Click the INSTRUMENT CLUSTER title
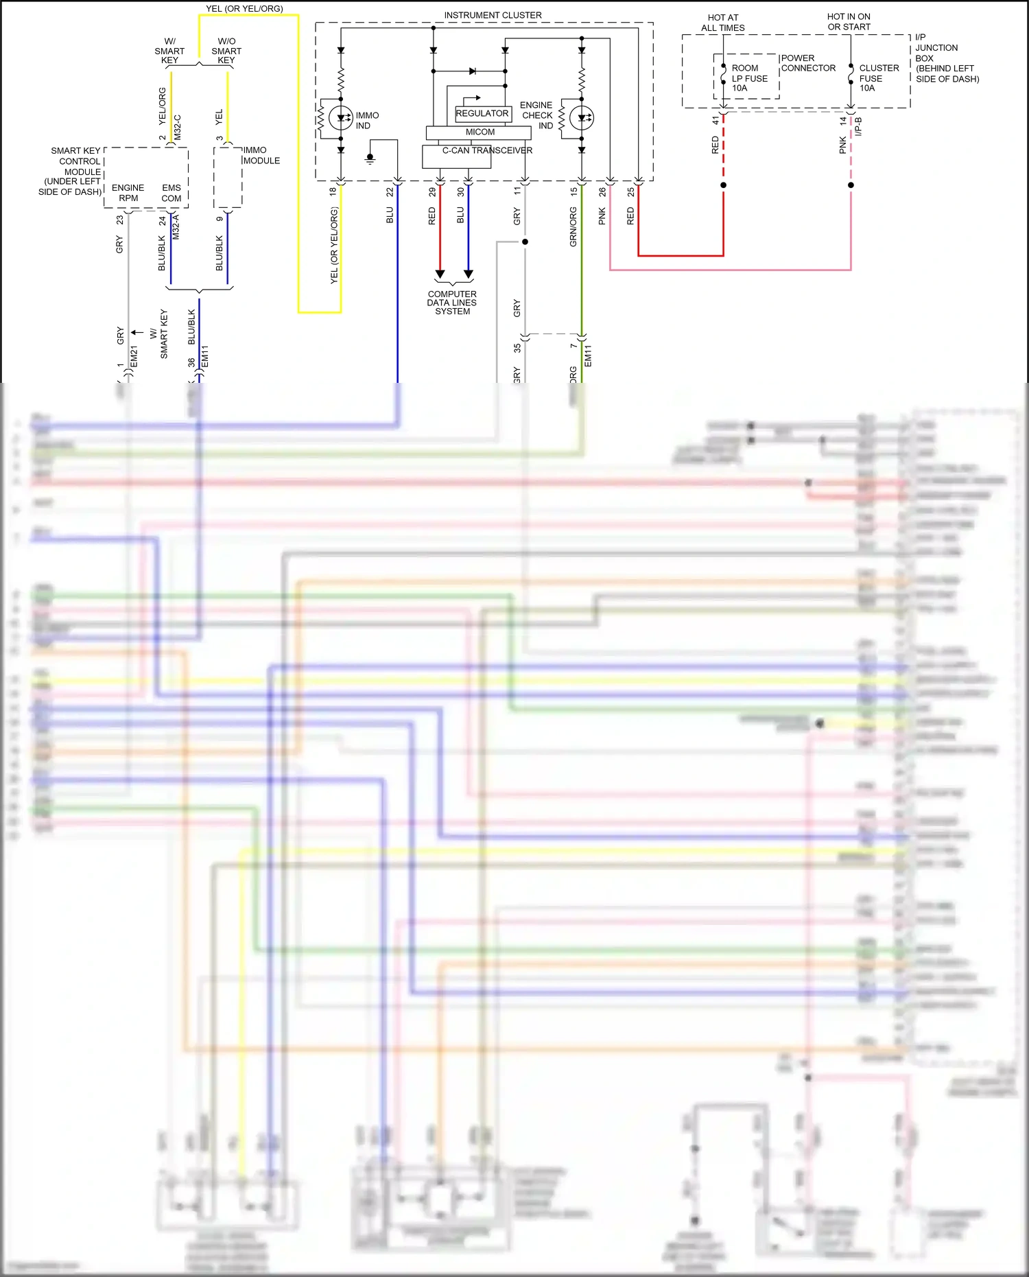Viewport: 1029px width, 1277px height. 493,15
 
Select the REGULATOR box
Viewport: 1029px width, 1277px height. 482,113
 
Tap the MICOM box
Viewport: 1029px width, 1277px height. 480,132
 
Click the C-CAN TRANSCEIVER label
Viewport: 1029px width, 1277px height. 487,150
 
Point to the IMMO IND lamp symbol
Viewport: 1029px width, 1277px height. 341,118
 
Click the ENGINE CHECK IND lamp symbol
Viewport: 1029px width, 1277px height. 582,118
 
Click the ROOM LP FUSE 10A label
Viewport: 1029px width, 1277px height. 748,78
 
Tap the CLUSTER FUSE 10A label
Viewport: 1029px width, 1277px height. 878,78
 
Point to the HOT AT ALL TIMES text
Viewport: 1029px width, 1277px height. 723,23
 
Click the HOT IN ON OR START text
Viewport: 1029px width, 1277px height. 849,22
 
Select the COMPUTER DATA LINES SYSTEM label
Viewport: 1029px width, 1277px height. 452,303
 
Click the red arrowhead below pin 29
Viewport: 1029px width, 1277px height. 440,274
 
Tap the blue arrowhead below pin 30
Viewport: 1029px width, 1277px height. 469,274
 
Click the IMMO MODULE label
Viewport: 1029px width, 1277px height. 261,155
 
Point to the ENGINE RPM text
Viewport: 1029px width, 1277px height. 128,193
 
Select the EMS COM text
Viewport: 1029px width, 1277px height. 171,193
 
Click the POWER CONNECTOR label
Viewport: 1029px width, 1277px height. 807,63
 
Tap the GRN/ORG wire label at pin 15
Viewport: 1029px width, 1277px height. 573,227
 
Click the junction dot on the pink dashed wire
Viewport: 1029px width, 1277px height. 851,185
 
